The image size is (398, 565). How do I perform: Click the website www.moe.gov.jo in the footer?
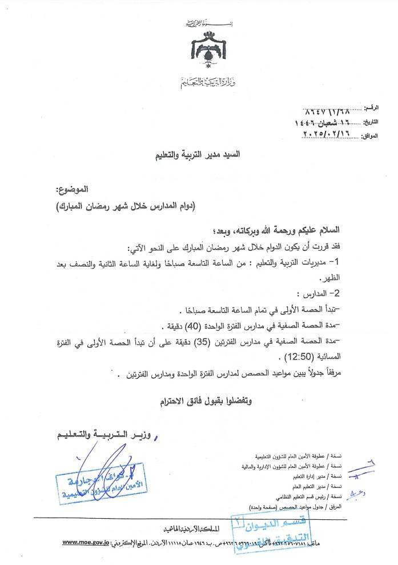point(86,542)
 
